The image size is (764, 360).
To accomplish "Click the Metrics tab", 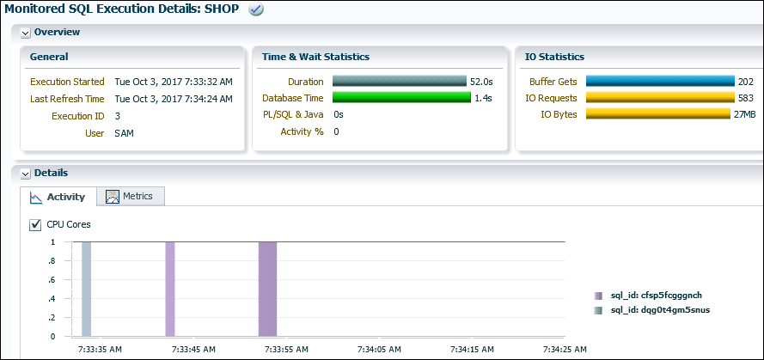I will [130, 196].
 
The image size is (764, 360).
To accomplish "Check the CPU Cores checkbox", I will [35, 224].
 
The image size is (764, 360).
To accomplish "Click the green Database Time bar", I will [400, 98].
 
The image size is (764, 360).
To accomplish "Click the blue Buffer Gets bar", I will [660, 82].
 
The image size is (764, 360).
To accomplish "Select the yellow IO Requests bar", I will [660, 98].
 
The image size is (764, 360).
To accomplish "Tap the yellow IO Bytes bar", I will [660, 114].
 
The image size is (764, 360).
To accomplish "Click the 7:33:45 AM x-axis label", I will [193, 350].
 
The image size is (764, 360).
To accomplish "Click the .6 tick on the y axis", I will [53, 279].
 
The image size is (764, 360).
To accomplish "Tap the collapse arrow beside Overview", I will [25, 33].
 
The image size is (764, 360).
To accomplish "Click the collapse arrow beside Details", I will [25, 174].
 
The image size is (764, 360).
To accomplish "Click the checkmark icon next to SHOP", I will [255, 9].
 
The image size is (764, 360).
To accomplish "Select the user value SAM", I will [124, 133].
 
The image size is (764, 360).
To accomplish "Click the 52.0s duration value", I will [480, 82].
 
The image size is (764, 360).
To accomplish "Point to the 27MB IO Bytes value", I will [744, 114].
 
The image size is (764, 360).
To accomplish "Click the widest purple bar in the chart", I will [267, 289].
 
